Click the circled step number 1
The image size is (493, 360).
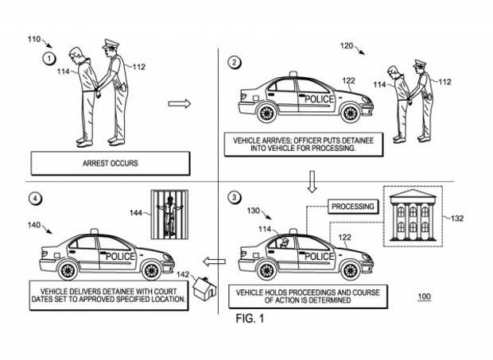[x=49, y=59]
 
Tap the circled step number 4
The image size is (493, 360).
[x=35, y=199]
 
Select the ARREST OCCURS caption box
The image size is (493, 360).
[x=111, y=164]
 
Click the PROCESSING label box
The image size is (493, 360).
[x=353, y=207]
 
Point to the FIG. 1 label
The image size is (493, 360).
[x=250, y=319]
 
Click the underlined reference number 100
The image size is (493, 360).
[x=424, y=296]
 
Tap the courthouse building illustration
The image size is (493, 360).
[x=413, y=215]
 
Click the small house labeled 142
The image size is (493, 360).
[x=204, y=288]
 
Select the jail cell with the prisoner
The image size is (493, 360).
[x=170, y=215]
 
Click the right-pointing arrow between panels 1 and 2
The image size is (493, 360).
[x=180, y=103]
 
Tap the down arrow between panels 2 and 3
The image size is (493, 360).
[x=312, y=181]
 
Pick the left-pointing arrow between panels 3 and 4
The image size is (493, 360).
[x=214, y=261]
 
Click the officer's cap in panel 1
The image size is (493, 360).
[x=111, y=43]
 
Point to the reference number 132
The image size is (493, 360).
[x=457, y=219]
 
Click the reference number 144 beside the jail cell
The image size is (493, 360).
[x=136, y=213]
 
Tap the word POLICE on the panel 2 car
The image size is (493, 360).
[x=319, y=99]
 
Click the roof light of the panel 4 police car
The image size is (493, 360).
[x=93, y=231]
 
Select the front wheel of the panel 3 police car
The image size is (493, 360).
[x=350, y=270]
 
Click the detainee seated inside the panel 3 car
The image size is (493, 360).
[x=285, y=242]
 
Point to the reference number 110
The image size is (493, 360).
[x=34, y=39]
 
